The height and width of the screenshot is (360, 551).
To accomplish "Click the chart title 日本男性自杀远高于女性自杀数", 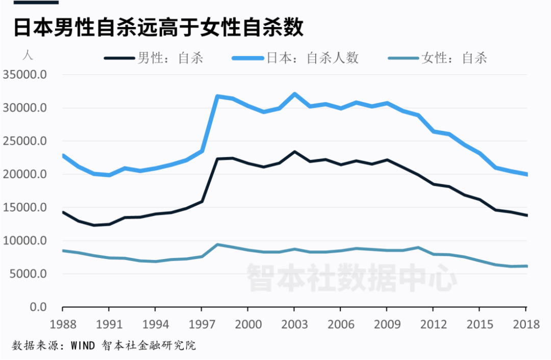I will coord(158,28).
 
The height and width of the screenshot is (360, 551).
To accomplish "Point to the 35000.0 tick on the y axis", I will coord(26,75).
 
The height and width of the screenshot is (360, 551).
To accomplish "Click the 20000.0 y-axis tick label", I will coord(26,174).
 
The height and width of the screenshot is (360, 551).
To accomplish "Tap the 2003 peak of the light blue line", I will coord(294,94).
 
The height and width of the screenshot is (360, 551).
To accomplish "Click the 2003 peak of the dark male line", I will coord(294,152).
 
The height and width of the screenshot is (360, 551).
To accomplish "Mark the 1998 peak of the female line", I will coord(218,245).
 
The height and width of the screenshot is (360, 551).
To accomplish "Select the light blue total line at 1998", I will coord(218,96).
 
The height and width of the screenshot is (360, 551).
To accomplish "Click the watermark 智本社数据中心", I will coord(352,277).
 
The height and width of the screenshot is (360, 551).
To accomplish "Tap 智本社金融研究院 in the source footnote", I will coord(148,346).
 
